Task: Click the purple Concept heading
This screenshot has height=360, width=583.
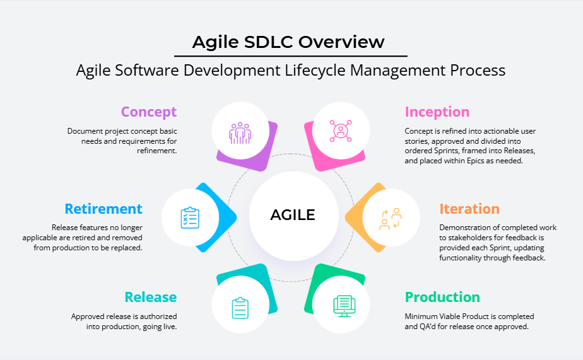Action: [149, 112]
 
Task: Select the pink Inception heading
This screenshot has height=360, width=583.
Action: [437, 112]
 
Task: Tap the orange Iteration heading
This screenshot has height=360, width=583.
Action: [469, 209]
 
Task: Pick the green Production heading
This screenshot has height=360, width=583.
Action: [442, 297]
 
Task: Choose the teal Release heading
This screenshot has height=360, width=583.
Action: [151, 297]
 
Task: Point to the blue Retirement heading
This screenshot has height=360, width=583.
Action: [103, 209]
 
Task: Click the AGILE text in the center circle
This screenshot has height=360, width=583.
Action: [293, 215]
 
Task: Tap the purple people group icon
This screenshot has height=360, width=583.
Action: [240, 133]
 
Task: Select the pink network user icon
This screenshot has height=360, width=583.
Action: [341, 131]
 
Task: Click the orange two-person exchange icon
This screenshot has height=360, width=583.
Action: [391, 219]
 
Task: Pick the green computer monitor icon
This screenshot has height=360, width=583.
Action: [344, 306]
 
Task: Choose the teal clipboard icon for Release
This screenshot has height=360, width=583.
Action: [240, 308]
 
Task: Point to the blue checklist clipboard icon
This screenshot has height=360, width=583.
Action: [190, 218]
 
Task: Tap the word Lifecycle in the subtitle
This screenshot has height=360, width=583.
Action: [315, 70]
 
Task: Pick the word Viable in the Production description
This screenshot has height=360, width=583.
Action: [451, 316]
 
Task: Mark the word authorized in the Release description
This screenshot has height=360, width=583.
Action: [158, 316]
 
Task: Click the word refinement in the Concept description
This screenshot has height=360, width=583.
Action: [157, 151]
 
